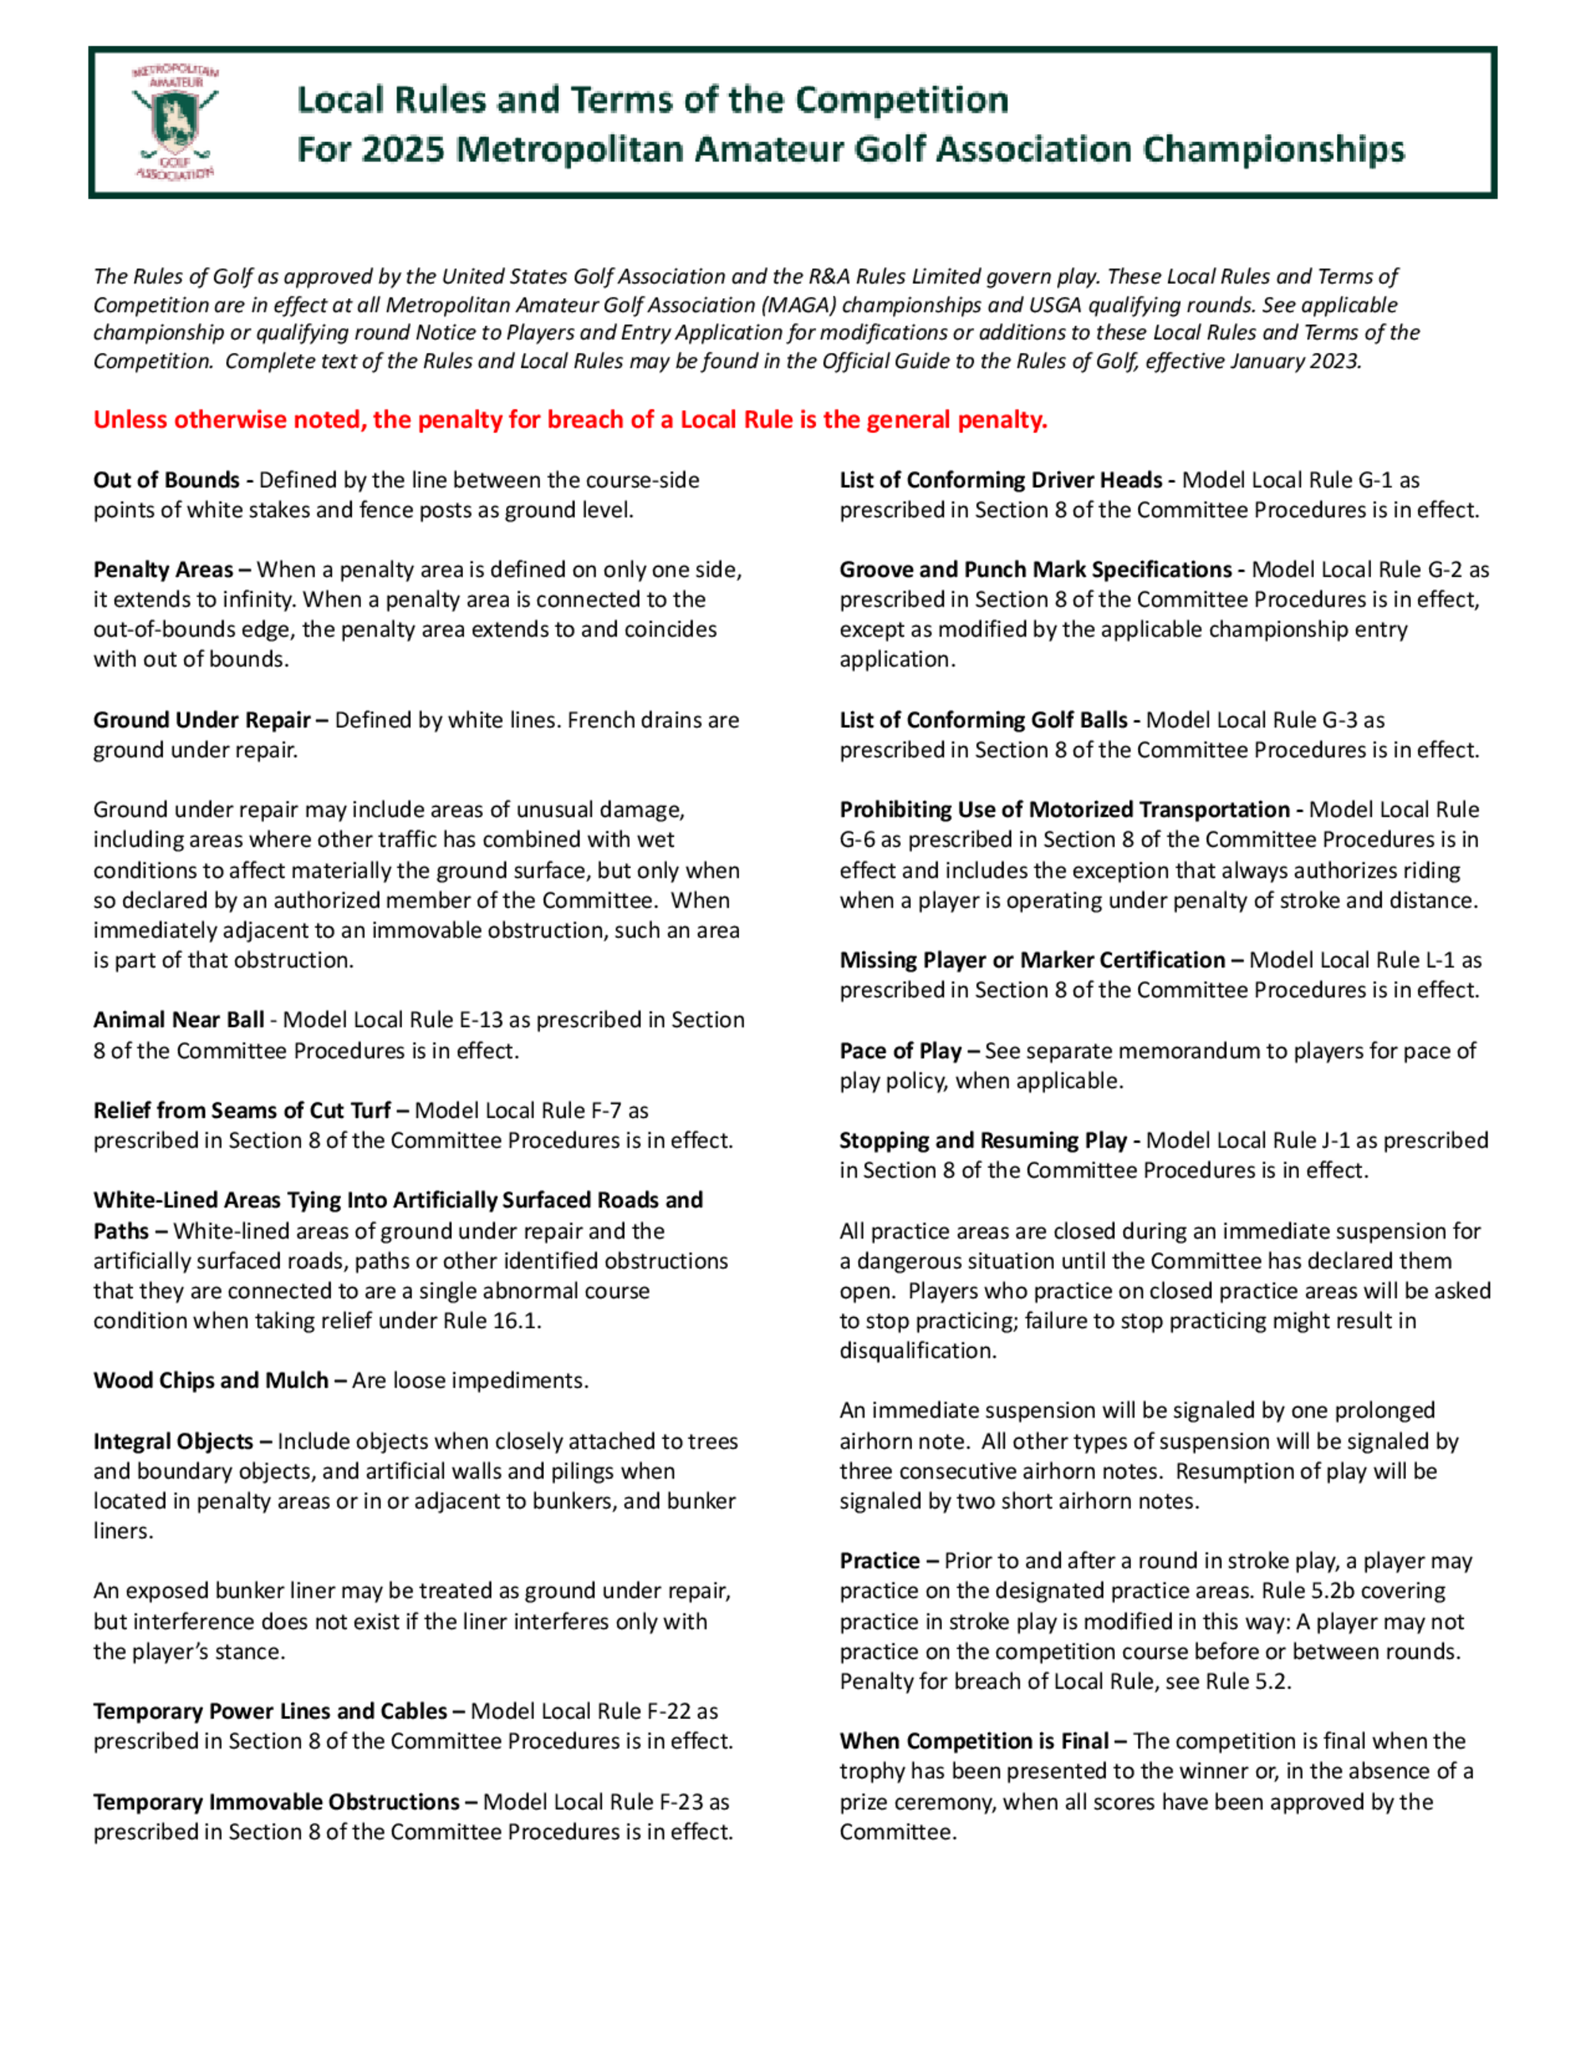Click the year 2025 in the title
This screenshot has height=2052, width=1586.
pyautogui.click(x=402, y=149)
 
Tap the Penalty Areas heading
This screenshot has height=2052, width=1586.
pyautogui.click(x=163, y=570)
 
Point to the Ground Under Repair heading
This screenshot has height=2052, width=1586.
pyautogui.click(x=202, y=721)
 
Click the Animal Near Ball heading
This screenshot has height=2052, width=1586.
pyautogui.click(x=178, y=1020)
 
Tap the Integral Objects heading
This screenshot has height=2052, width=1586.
pyautogui.click(x=174, y=1442)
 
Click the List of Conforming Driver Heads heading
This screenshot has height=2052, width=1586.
pyautogui.click(x=1002, y=480)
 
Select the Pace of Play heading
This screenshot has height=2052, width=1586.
pyautogui.click(x=901, y=1051)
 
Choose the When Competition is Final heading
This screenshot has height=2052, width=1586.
pyautogui.click(x=975, y=1742)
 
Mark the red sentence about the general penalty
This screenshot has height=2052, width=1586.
pyautogui.click(x=570, y=420)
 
